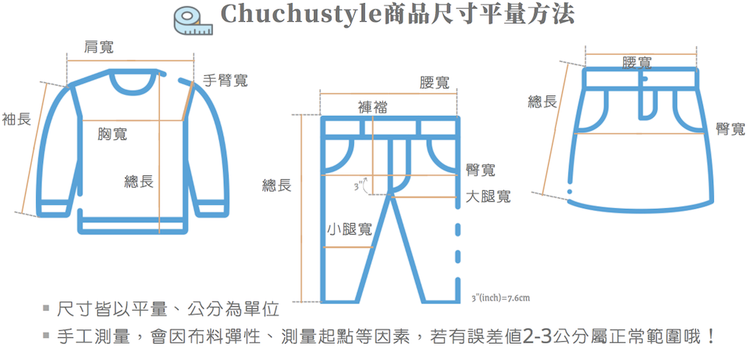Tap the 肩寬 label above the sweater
[x=99, y=48]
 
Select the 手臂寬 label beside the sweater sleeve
[x=225, y=80]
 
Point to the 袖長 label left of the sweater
[x=16, y=119]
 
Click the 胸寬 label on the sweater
[x=112, y=135]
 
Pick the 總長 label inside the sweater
[x=139, y=182]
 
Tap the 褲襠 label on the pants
[x=373, y=107]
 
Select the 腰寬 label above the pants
[x=434, y=83]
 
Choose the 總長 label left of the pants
[x=276, y=185]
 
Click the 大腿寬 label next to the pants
[x=488, y=196]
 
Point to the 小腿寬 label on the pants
[x=350, y=229]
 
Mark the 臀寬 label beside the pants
[x=480, y=170]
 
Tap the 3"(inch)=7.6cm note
[x=502, y=297]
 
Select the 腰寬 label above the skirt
[x=637, y=62]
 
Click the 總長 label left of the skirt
[x=543, y=101]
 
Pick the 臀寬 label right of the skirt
[x=729, y=129]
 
